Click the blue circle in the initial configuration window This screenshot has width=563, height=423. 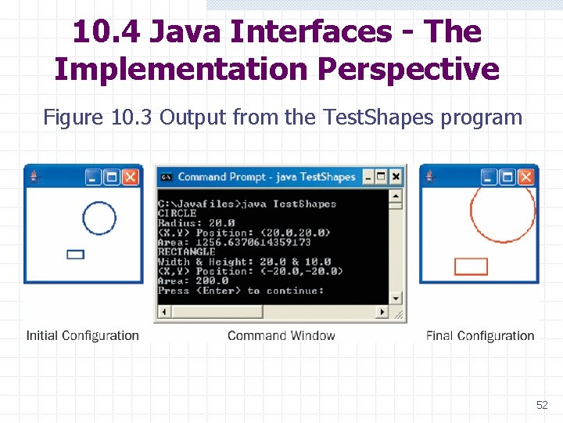coord(99,218)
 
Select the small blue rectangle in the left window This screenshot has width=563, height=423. coord(76,254)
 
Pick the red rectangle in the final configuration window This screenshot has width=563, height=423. coord(471,266)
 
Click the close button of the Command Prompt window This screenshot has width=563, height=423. coord(396,176)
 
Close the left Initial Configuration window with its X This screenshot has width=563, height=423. coord(131,177)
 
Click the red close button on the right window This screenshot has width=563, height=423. coord(525,177)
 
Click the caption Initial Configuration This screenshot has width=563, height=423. coord(82,335)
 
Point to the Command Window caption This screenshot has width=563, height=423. coord(281,335)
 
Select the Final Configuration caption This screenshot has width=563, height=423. coord(480,335)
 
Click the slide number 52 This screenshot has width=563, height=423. coord(542,405)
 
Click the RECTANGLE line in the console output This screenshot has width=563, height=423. coord(187,251)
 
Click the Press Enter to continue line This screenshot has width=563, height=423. coord(240,291)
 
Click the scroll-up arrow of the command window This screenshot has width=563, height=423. coord(396,195)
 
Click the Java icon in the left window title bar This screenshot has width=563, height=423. coord(34,177)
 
